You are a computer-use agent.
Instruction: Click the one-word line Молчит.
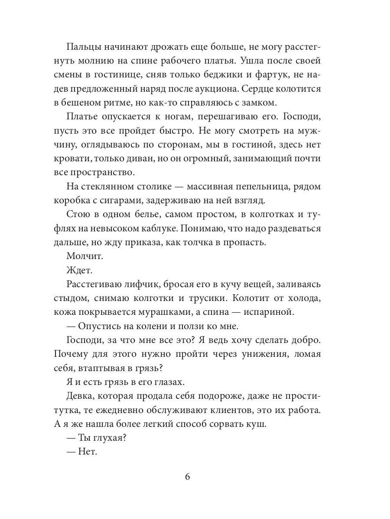click(84, 256)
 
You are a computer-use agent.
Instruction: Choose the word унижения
click(261, 354)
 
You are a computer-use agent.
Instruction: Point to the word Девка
click(80, 395)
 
